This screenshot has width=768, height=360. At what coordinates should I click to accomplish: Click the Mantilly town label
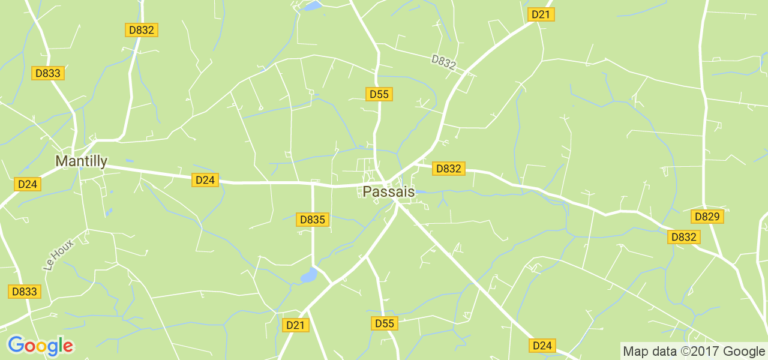pos(81,161)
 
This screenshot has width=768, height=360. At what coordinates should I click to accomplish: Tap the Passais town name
pos(389,191)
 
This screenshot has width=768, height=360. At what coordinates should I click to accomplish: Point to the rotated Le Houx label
pos(58,254)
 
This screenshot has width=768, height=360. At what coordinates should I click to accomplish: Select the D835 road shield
pos(312,220)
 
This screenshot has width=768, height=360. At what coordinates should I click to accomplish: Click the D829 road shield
pos(708,217)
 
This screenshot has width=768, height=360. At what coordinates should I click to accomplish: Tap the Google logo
pos(40,346)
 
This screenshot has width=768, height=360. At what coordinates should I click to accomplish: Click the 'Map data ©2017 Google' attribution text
pos(694,351)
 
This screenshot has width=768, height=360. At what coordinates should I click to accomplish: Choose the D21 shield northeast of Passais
pos(541,14)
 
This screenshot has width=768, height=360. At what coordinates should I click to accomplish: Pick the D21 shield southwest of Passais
pos(295,325)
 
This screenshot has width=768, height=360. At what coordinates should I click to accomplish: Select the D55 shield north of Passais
pos(379,94)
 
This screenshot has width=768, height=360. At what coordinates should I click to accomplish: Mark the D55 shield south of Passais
pos(384,323)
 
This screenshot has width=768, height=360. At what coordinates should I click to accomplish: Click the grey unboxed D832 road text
pos(443,63)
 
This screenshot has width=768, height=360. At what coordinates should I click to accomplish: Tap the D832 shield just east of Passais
pos(448,169)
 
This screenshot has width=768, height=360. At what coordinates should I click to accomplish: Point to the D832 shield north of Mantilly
pos(141,30)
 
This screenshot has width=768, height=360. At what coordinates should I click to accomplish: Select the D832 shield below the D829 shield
pos(683,237)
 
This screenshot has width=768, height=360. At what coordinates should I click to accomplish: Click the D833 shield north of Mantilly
pos(48,73)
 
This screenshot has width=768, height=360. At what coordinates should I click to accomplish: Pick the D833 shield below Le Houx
pos(25,292)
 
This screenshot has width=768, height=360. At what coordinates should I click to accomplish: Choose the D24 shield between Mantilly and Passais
pos(205,179)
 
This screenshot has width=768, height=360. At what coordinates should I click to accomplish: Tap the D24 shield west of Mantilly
pos(28,184)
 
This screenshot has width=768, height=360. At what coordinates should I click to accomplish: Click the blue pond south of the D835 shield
pos(308,275)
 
